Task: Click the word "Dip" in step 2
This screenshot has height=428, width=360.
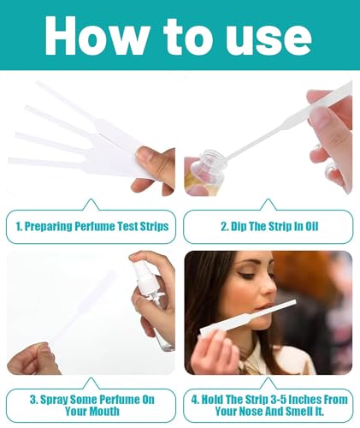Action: (239, 227)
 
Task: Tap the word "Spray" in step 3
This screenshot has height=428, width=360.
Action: (55, 400)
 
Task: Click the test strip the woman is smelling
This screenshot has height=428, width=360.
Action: (248, 318)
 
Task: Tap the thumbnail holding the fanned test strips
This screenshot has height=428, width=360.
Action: (144, 154)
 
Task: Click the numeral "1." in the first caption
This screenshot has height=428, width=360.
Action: (19, 227)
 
